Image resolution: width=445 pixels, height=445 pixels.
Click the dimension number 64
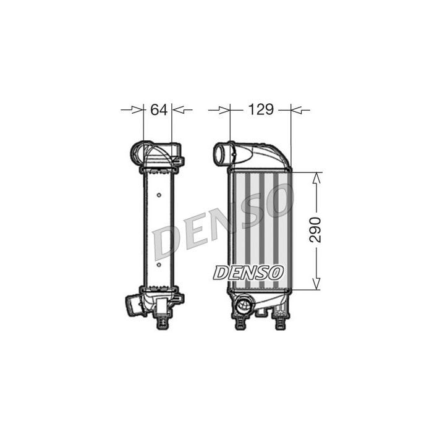(159, 109)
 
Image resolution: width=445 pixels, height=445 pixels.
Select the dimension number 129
(261, 109)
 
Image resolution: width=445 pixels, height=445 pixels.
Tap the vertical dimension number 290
(315, 230)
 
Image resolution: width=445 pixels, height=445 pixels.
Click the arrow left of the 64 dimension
(132, 109)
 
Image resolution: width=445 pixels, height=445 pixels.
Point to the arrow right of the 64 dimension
(182, 109)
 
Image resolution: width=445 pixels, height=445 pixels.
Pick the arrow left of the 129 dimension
(219, 110)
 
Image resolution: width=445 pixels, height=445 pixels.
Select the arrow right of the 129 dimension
(300, 110)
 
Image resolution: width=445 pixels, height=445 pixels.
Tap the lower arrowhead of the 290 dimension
(316, 284)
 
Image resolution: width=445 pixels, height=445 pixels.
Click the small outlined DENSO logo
(248, 273)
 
